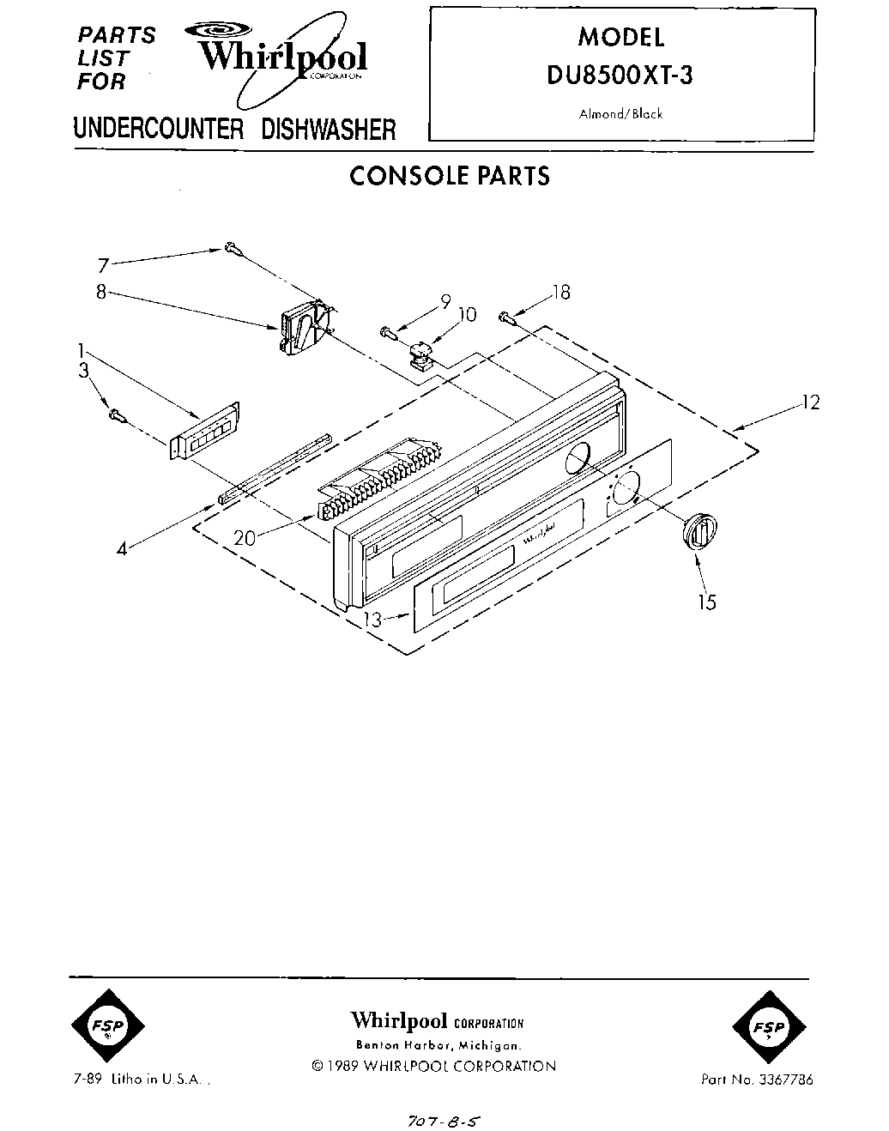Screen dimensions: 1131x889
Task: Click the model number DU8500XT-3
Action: point(620,76)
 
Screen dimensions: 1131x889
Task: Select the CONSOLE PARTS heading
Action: point(449,176)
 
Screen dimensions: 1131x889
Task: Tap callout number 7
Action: point(103,266)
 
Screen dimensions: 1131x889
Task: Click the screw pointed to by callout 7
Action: point(233,249)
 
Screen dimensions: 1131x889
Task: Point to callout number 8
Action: point(101,292)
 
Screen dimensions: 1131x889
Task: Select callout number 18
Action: point(561,293)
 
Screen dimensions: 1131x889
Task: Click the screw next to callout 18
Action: point(506,318)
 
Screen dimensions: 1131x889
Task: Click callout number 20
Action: point(245,538)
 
